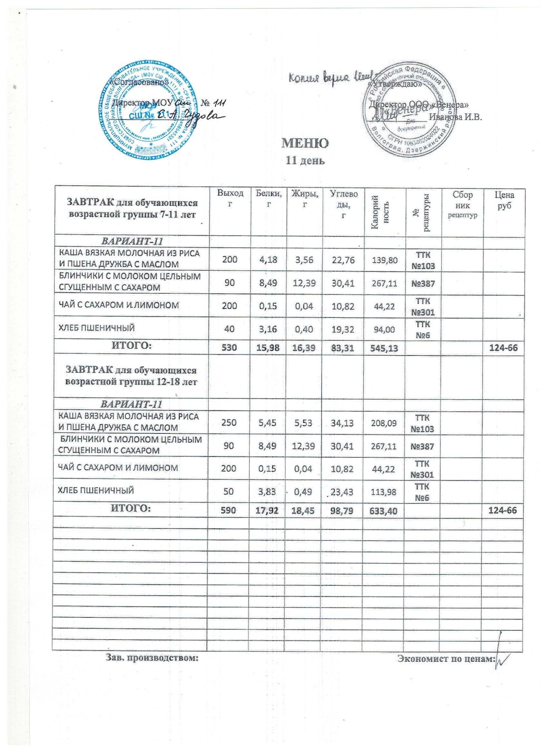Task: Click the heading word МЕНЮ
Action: point(305,143)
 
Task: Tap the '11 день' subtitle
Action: point(305,161)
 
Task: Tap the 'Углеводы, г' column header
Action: point(344,205)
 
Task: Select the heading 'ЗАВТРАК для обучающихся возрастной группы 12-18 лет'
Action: point(132,376)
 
